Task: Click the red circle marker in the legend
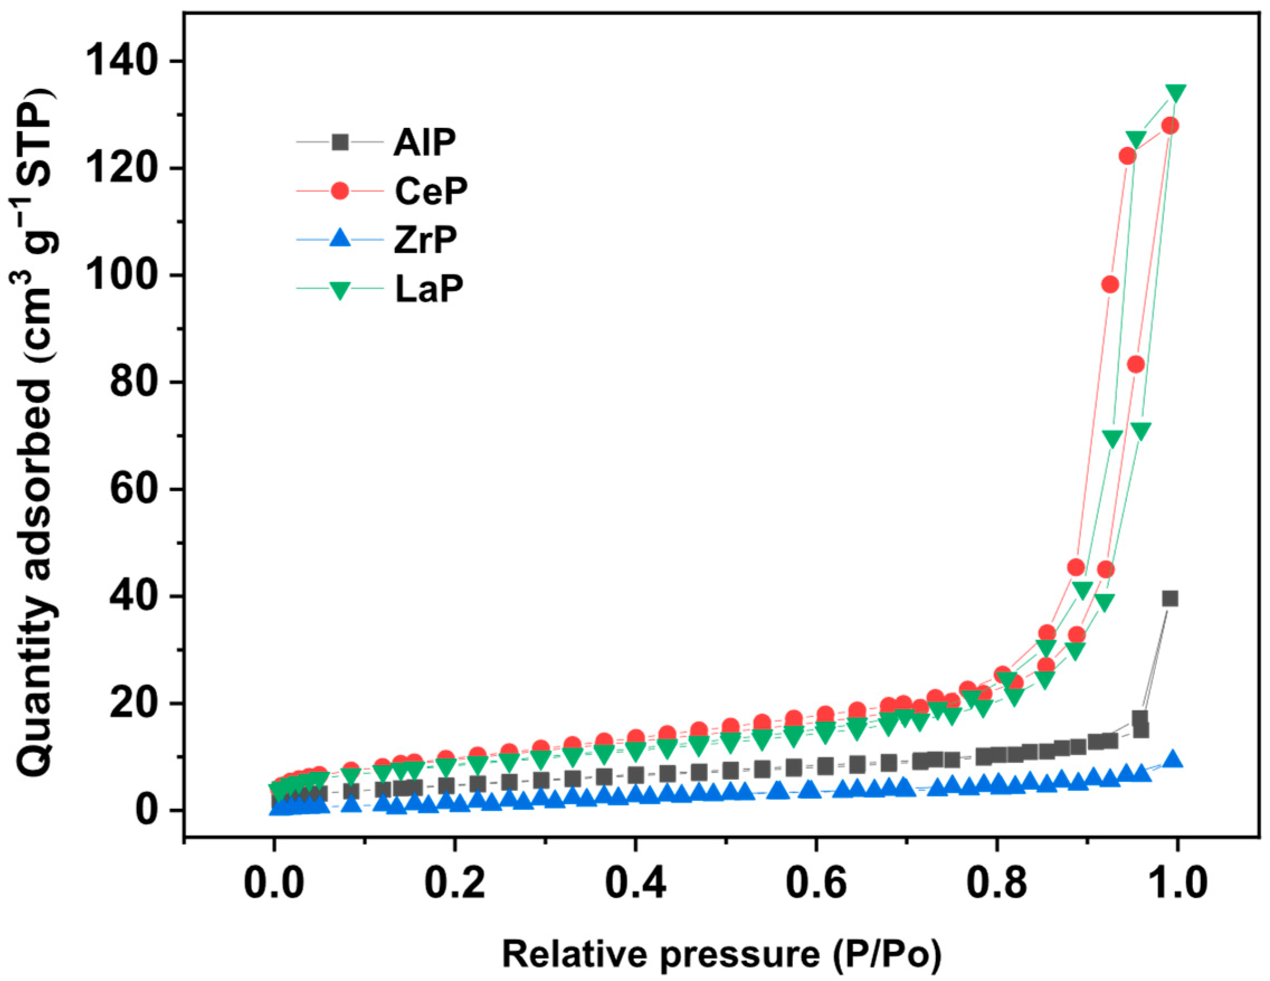click(340, 191)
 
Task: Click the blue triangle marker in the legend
click(340, 239)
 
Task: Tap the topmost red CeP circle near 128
click(1170, 126)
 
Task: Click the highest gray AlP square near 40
click(1170, 598)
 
